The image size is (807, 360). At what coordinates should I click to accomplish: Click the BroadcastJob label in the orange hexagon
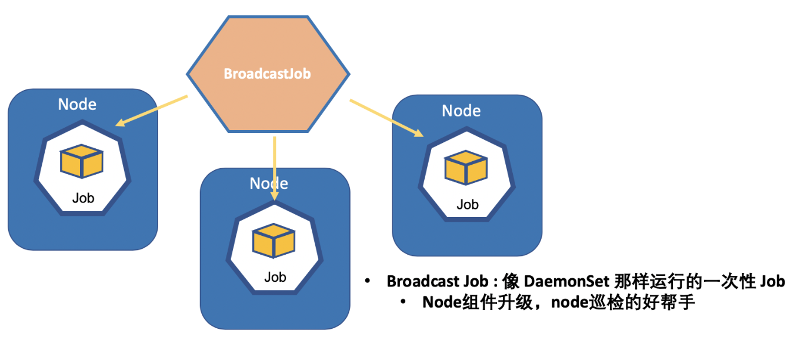(x=267, y=75)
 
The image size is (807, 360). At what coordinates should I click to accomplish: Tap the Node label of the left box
(x=77, y=105)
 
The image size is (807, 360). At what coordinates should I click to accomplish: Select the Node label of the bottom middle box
(x=269, y=184)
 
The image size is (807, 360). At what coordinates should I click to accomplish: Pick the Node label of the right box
(x=461, y=111)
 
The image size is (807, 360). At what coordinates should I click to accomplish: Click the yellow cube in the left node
(x=82, y=162)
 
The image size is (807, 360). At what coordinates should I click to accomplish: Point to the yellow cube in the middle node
(x=274, y=241)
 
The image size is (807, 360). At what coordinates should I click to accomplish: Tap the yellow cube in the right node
(x=466, y=168)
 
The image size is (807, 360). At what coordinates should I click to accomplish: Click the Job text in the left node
(x=83, y=198)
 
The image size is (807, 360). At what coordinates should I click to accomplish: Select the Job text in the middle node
(x=275, y=277)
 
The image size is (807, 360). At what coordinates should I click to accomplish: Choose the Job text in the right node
(x=468, y=205)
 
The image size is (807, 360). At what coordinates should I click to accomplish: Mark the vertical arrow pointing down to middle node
(x=275, y=168)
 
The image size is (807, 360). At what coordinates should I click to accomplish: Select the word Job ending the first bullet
(x=772, y=282)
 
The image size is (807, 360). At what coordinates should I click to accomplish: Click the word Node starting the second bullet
(x=441, y=303)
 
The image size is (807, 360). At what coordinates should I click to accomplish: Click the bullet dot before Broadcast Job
(x=368, y=281)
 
